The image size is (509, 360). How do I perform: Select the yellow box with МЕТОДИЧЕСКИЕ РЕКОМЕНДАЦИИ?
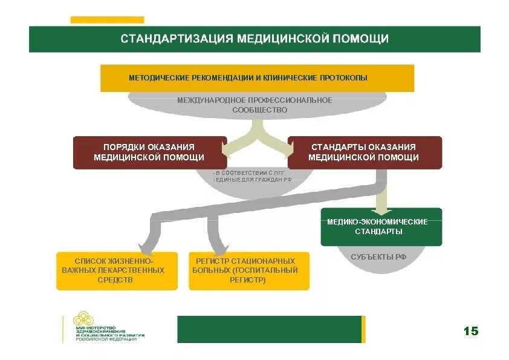pos(257,78)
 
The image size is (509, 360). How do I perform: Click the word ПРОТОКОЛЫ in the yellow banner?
pos(344,78)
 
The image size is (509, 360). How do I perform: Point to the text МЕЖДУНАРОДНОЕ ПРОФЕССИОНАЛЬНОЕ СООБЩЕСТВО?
pos(254,105)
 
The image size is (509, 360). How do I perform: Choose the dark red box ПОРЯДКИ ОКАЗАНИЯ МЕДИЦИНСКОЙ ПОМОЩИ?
pos(149,152)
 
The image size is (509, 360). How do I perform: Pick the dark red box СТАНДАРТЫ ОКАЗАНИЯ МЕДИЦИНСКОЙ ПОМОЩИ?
pos(364,152)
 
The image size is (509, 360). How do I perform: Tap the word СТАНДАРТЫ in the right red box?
pos(336,147)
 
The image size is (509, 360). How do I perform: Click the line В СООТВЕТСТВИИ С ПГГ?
pos(241,174)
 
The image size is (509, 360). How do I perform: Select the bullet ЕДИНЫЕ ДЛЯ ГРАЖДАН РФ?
pos(245,180)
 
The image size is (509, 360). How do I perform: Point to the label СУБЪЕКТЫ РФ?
pos(378,257)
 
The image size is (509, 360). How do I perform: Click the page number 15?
pos(470,331)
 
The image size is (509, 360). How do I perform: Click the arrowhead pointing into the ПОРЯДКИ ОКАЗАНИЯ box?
pos(231,148)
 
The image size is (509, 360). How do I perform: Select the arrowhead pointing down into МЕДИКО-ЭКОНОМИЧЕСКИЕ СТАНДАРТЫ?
pos(381,208)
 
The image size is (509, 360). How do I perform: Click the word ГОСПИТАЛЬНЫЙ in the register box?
pos(265,270)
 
